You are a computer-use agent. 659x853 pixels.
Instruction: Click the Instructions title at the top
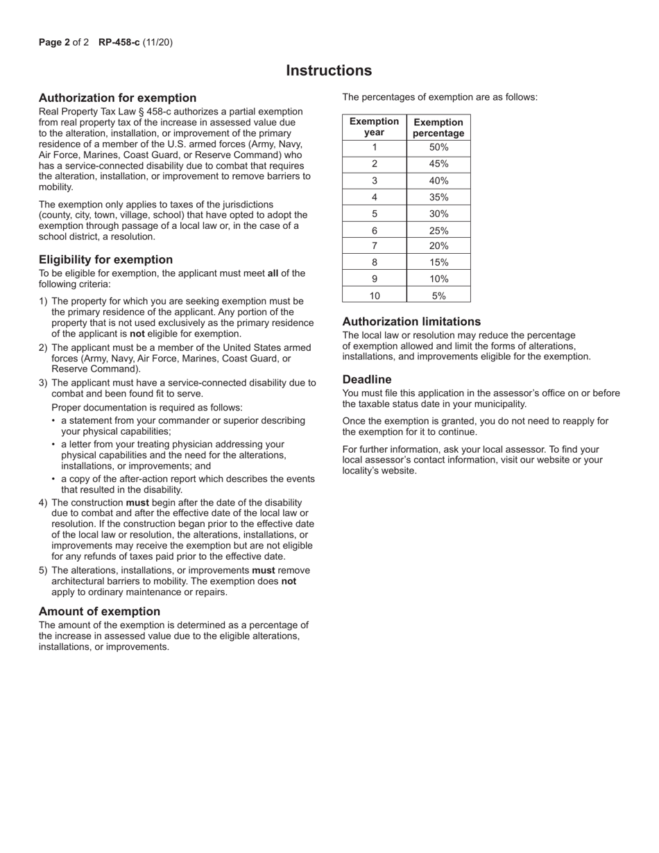[329, 71]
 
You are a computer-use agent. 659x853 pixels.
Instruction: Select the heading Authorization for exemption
[117, 98]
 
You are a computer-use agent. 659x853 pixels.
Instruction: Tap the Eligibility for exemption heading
[105, 259]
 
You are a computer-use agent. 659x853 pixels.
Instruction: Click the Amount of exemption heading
[99, 611]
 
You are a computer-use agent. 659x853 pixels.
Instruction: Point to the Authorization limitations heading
[411, 322]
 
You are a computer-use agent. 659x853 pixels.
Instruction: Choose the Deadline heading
[367, 379]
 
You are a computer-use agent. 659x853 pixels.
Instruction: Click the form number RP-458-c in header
[119, 42]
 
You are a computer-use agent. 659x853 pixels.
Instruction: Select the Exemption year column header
[374, 127]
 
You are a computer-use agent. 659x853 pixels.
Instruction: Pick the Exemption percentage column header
[438, 127]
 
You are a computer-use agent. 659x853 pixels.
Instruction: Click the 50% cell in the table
[438, 147]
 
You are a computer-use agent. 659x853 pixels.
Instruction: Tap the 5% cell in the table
[438, 295]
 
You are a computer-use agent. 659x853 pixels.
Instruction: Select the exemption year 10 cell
[374, 295]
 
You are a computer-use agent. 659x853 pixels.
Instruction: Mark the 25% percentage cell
[438, 230]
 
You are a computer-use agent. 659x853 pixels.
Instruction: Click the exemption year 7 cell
[374, 246]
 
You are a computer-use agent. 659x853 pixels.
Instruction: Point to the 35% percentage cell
[438, 197]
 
